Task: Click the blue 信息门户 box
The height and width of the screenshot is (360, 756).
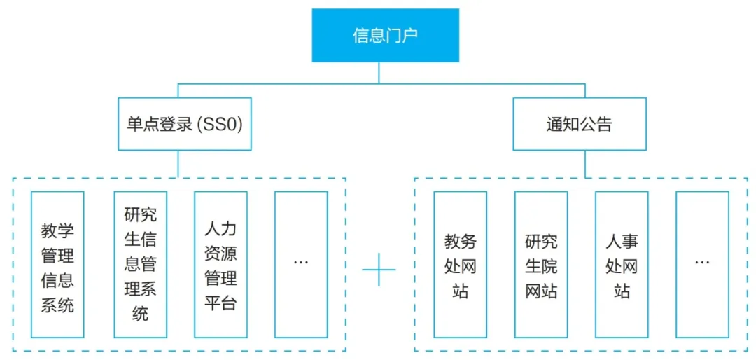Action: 385,35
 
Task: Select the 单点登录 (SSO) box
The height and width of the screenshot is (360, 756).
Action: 184,124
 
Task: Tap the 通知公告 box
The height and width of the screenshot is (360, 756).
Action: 579,124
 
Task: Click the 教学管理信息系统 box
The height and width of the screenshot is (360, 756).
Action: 57,265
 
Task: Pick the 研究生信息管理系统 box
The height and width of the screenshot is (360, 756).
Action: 141,265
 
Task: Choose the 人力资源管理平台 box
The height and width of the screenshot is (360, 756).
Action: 220,265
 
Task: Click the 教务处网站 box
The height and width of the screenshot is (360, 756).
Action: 460,265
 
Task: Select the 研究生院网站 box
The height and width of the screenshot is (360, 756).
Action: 541,265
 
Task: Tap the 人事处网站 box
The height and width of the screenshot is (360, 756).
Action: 622,265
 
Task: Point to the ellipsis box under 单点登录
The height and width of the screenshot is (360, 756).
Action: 301,265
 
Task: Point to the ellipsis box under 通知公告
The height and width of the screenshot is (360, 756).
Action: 702,265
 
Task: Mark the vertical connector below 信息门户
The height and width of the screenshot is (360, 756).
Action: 379,73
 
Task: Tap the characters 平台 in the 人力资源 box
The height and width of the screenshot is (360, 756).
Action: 220,304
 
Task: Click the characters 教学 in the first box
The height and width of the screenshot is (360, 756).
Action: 57,230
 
